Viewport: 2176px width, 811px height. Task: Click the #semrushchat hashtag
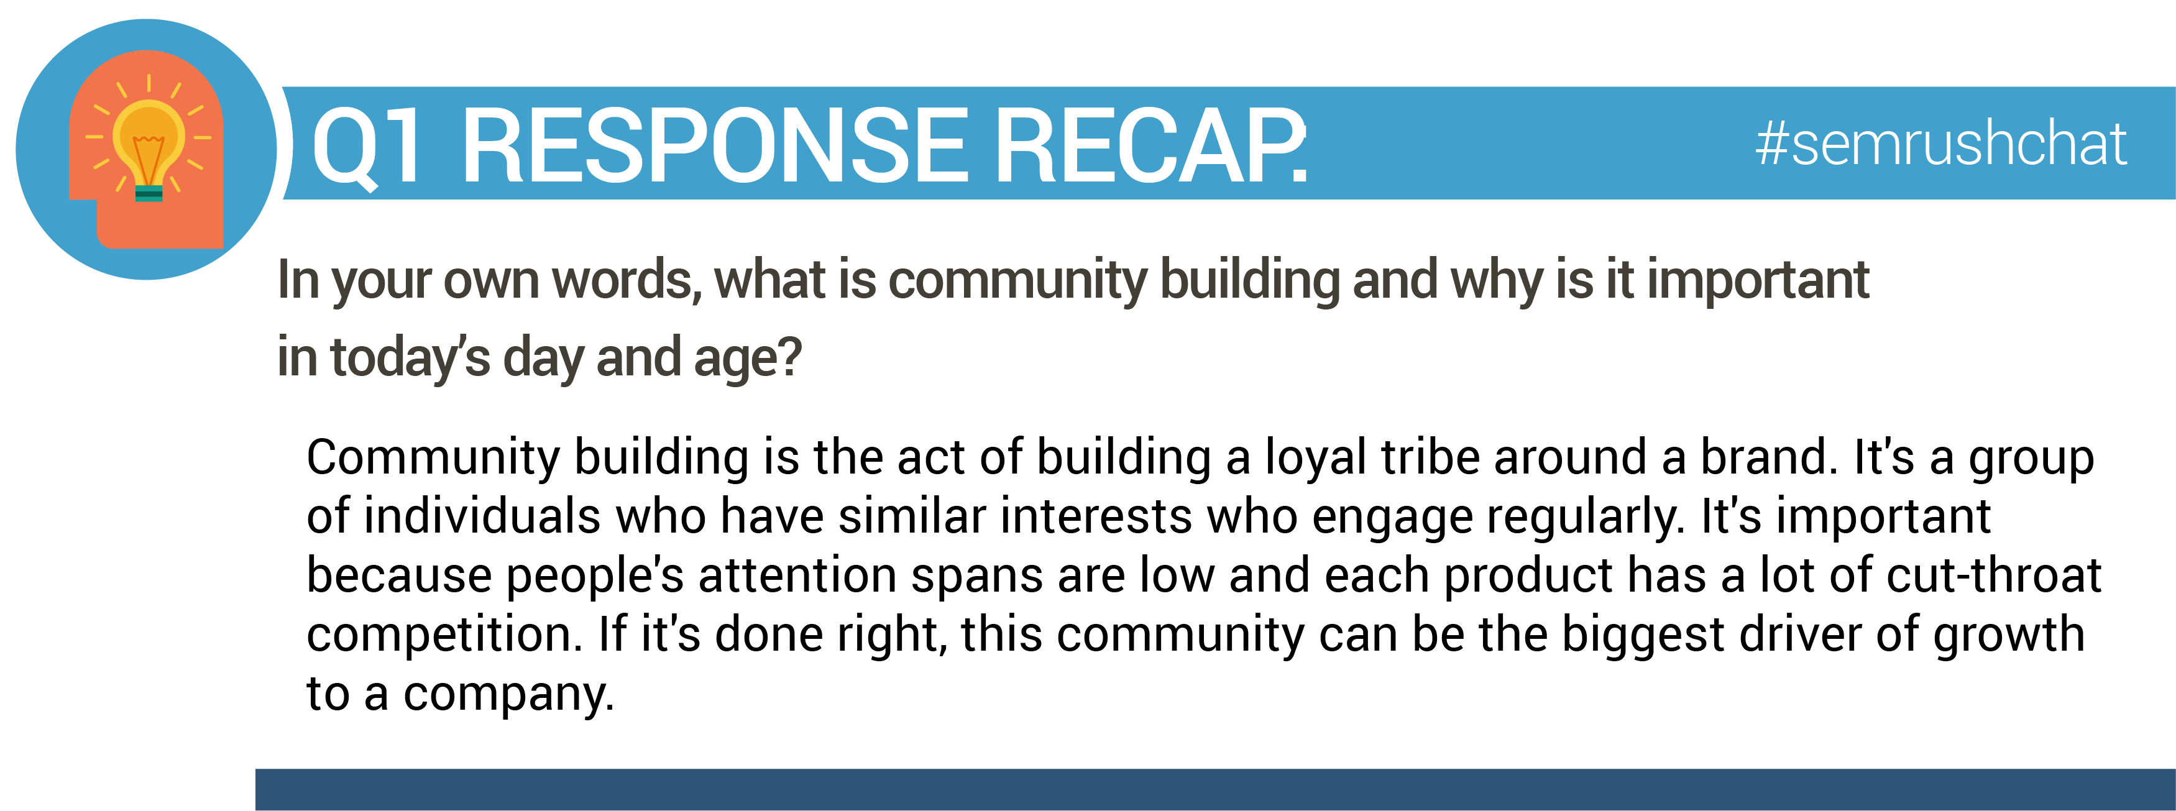pos(1940,143)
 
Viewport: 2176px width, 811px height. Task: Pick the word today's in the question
pos(410,357)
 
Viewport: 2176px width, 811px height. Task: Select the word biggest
pos(1643,635)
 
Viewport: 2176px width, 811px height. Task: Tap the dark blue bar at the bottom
pos(1216,790)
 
